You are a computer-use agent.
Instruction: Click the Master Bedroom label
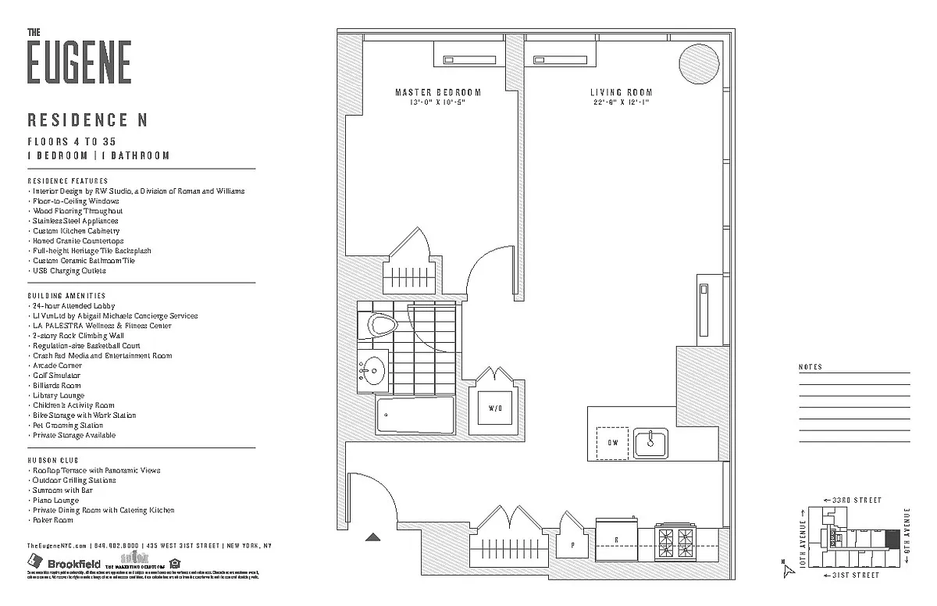coord(437,92)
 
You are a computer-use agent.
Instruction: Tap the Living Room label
coord(621,92)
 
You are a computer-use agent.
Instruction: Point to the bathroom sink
coord(373,366)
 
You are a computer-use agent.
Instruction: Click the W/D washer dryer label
coord(496,408)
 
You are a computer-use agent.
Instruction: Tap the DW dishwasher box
coord(612,442)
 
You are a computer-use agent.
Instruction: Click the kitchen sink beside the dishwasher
coord(650,443)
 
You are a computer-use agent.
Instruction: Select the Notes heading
coord(811,367)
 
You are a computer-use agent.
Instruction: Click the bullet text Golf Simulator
coord(56,376)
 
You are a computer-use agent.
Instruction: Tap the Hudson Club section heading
coord(53,461)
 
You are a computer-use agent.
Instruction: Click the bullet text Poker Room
coord(53,520)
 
